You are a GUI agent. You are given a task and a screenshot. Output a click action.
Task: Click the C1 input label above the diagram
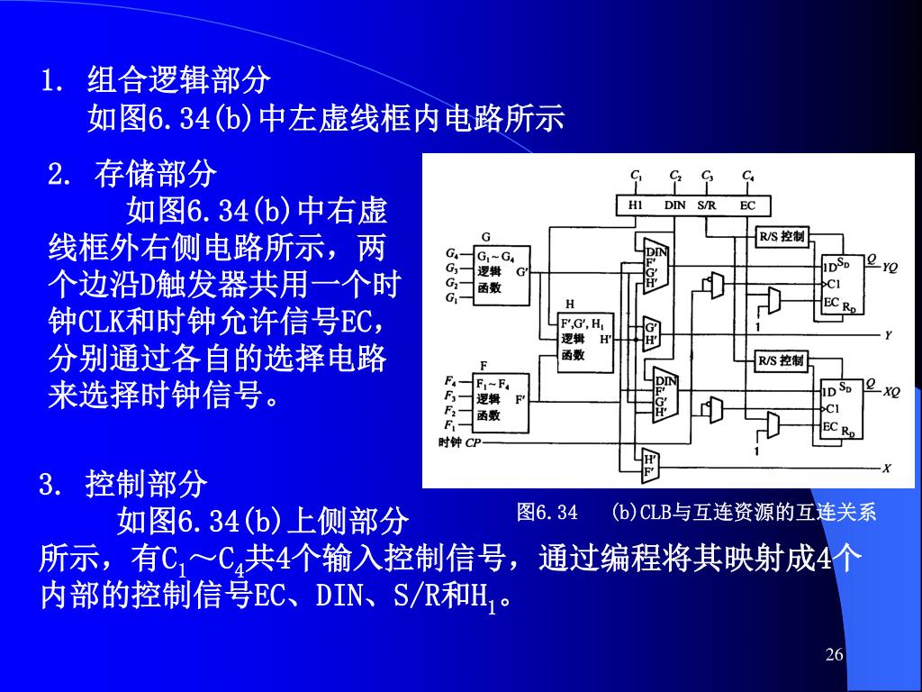pos(636,175)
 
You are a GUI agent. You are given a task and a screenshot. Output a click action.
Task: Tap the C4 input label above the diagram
pos(748,175)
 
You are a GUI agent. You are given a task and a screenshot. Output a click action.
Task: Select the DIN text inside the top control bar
pos(675,205)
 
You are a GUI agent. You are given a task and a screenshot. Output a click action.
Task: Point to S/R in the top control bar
pos(707,205)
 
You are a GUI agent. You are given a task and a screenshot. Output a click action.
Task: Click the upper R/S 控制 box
pos(782,237)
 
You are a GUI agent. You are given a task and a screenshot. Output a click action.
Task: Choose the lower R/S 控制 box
pos(782,361)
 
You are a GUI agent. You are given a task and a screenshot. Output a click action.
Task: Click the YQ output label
pos(890,268)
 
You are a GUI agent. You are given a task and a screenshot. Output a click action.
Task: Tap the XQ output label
pos(890,392)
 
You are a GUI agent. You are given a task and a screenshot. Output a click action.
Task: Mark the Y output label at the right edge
pos(888,335)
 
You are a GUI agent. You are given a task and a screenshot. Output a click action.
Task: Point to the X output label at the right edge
pos(887,469)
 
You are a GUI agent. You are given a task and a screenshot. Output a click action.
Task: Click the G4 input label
pos(452,254)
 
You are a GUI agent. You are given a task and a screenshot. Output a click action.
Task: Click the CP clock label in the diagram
pos(474,442)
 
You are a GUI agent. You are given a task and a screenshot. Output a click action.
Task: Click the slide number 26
pos(835,654)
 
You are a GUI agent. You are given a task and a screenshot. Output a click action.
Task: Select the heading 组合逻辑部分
pos(179,80)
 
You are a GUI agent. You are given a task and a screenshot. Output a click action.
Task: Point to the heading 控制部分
pos(147,485)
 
